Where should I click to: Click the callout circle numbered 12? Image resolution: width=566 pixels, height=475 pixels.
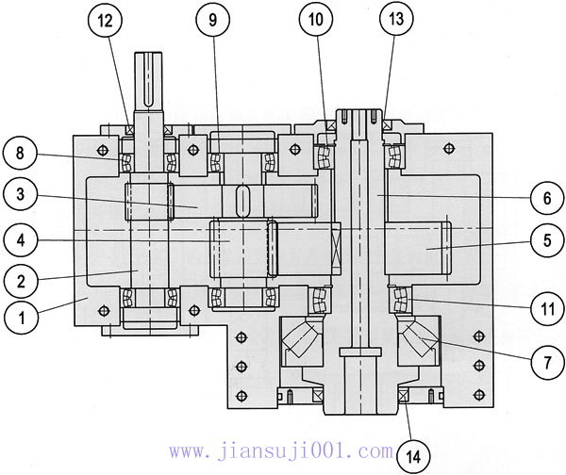106,19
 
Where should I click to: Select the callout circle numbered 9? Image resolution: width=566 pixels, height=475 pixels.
213,19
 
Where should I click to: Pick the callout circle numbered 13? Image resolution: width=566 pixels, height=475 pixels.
395,19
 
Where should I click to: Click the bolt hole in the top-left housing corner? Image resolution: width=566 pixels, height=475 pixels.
100,149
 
